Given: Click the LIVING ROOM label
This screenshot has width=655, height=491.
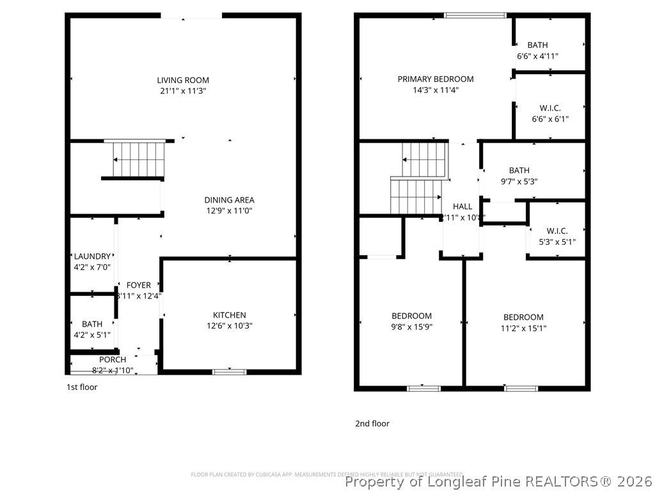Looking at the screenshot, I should click(x=183, y=80).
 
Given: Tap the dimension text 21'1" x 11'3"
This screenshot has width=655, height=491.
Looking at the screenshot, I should click(x=183, y=91).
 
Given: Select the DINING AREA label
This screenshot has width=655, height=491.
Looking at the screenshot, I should click(x=229, y=199).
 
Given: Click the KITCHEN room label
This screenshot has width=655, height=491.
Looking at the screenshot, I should click(x=229, y=315).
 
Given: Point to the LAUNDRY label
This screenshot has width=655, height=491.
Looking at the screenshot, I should click(x=92, y=256).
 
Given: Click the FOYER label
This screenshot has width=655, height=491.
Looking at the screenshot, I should click(x=138, y=285).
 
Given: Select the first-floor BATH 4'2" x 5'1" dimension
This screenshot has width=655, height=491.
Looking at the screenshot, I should click(x=92, y=334).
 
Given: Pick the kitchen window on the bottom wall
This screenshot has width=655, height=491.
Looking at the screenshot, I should click(x=229, y=371).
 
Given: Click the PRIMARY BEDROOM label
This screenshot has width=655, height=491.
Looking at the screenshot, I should click(x=436, y=79).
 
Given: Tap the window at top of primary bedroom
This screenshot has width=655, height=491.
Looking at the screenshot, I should click(x=475, y=15).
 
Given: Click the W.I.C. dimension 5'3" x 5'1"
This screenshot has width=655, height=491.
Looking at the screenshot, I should click(x=556, y=242).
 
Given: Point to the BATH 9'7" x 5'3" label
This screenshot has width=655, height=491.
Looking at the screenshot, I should click(x=519, y=170).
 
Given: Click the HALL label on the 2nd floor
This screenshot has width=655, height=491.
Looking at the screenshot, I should click(x=462, y=207).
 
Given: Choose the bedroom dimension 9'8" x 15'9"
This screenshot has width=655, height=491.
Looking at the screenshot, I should click(x=411, y=327).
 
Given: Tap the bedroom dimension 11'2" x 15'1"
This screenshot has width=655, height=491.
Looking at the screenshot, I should click(x=523, y=328).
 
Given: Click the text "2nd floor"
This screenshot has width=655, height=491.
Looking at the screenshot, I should click(x=372, y=423).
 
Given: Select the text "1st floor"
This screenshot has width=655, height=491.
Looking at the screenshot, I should click(x=82, y=387).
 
